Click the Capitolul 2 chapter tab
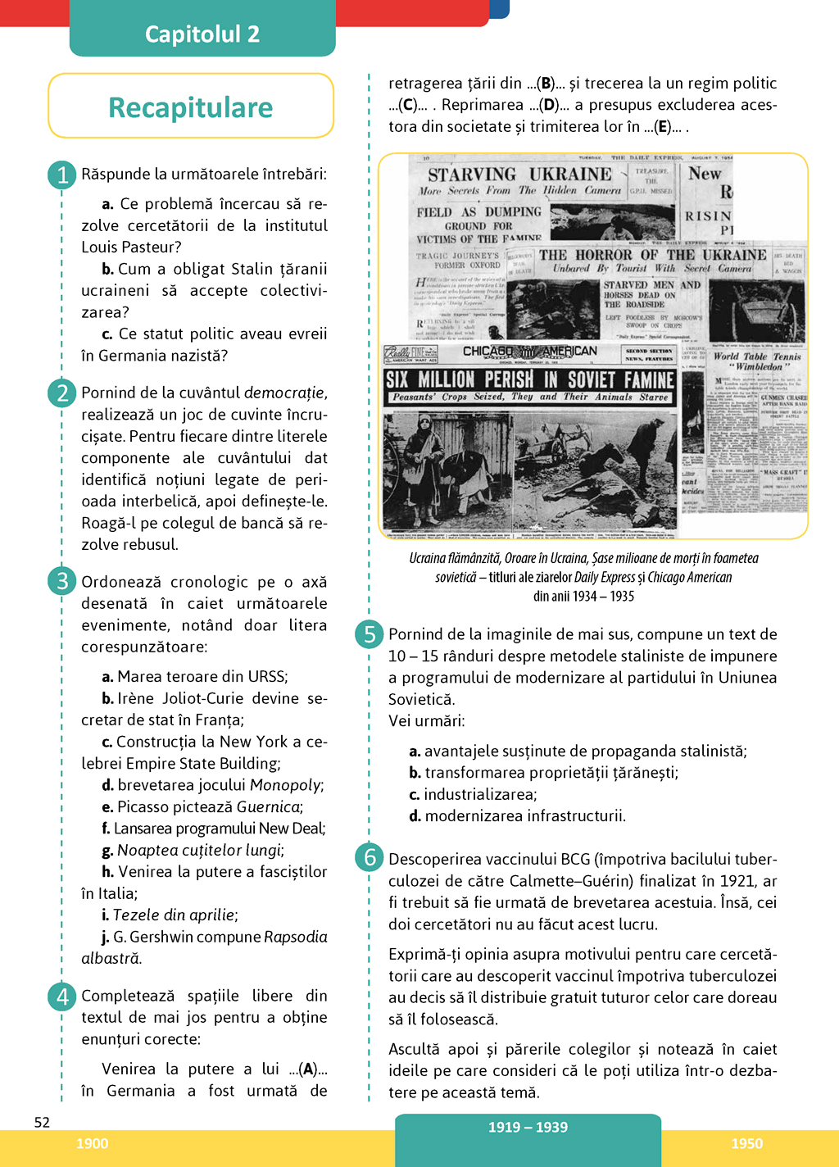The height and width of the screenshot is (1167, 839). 202,34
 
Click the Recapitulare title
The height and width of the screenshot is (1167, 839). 191,107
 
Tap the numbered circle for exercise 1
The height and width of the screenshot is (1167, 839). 62,175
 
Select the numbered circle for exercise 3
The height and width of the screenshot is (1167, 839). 62,581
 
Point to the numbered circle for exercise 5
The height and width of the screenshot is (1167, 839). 370,634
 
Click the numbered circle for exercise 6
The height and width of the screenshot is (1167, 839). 370,857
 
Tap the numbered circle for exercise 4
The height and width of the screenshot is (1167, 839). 62,996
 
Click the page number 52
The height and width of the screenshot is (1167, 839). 42,1122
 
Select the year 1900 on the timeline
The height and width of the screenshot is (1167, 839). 92,1143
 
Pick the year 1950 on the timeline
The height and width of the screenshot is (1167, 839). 746,1143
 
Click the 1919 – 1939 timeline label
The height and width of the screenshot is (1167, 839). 528,1127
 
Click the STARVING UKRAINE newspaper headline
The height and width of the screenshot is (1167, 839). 519,175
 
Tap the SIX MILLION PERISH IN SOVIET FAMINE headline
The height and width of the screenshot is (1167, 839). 530,379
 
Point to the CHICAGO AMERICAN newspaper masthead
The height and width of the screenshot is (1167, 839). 530,352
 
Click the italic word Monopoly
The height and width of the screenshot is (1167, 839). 285,785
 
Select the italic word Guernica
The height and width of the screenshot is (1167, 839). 266,807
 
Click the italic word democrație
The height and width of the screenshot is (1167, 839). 284,393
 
